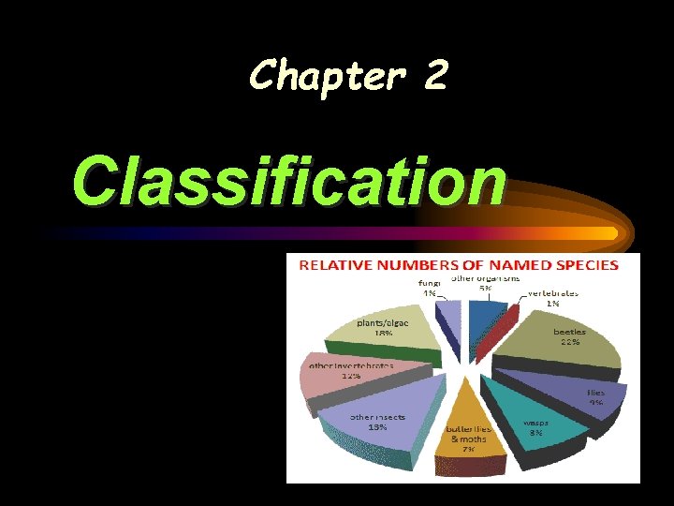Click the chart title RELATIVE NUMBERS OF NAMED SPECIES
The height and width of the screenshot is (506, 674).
click(x=459, y=264)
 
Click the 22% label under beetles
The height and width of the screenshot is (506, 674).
click(x=569, y=342)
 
